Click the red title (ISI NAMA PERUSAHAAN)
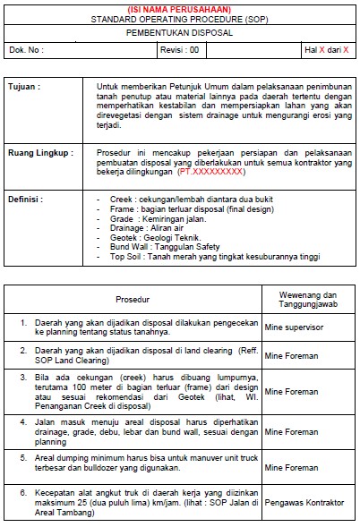point(179,8)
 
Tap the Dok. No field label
point(26,50)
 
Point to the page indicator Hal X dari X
point(326,50)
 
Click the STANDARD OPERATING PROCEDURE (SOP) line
point(179,18)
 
